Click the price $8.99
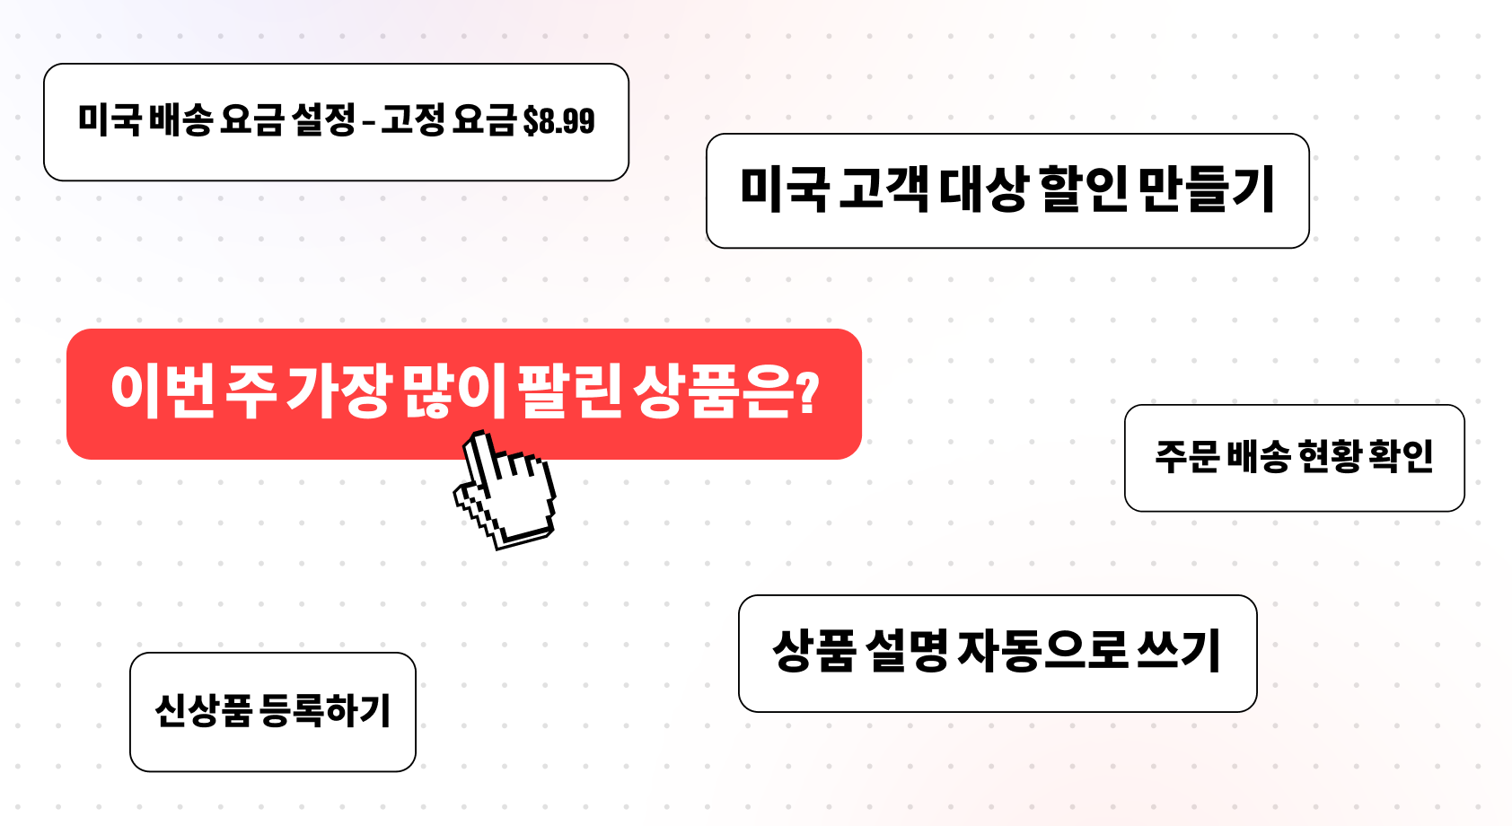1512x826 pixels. [558, 122]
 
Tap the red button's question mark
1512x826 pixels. [807, 391]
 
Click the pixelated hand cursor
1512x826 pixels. [505, 488]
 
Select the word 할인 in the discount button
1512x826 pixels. [1084, 189]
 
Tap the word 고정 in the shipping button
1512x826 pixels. [412, 121]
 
